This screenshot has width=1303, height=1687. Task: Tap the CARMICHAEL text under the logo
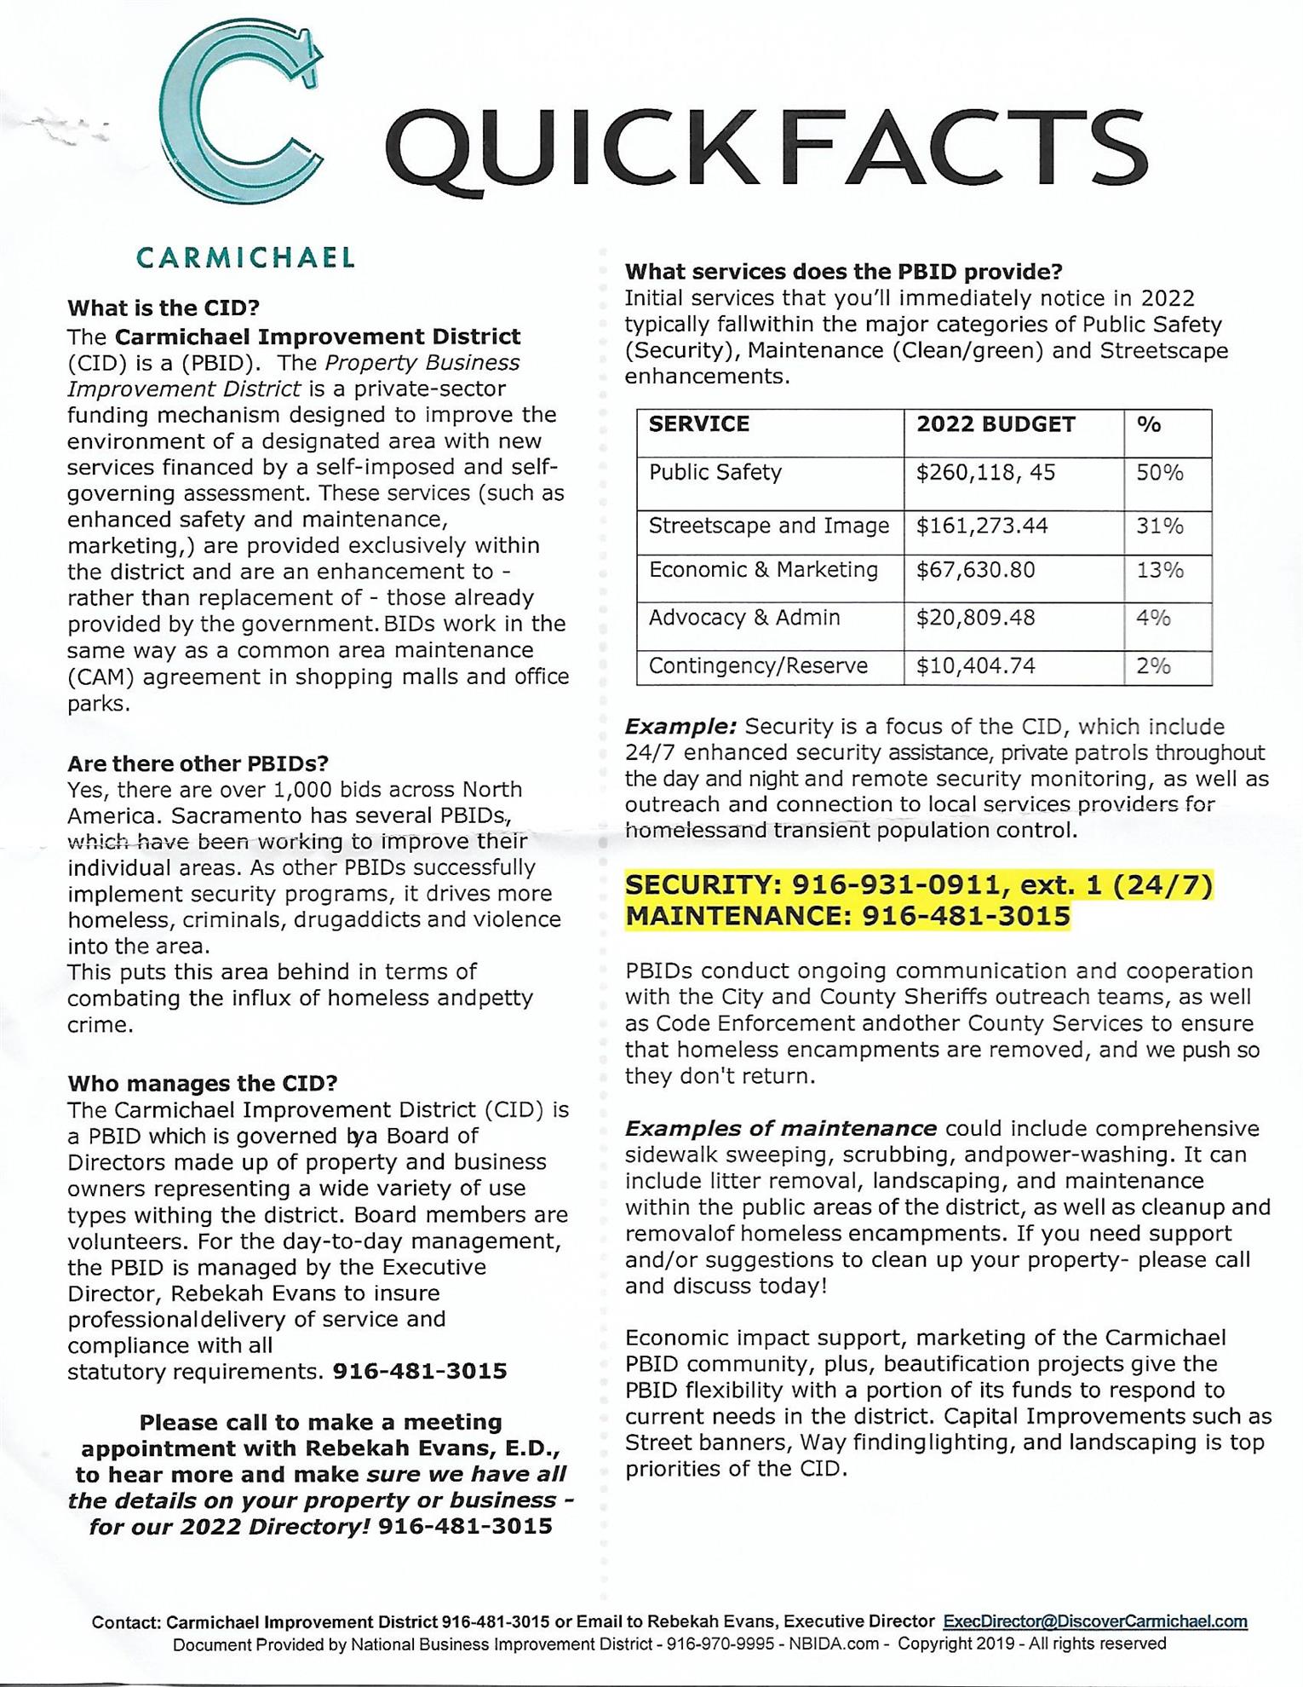point(245,257)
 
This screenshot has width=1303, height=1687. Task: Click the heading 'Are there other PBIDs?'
point(198,763)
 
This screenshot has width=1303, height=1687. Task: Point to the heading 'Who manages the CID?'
point(203,1084)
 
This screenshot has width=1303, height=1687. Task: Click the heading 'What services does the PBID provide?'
point(844,272)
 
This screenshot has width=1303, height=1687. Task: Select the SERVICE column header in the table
point(699,424)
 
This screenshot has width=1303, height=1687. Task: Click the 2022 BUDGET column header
point(996,424)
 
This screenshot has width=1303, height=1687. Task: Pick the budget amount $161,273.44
point(982,526)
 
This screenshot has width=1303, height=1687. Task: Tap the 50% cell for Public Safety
point(1160,473)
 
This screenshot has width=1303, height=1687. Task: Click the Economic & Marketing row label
point(763,570)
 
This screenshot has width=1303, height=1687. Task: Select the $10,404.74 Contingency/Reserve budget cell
point(976,666)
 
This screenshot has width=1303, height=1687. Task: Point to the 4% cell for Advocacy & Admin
point(1153,618)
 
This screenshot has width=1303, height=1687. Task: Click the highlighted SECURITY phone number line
point(919,886)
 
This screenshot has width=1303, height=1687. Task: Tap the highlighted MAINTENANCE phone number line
point(847,916)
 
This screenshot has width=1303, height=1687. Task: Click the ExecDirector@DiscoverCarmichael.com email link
point(1095,1621)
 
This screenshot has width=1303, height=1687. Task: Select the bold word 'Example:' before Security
point(680,727)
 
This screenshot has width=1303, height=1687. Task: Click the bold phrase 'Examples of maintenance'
point(781,1129)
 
